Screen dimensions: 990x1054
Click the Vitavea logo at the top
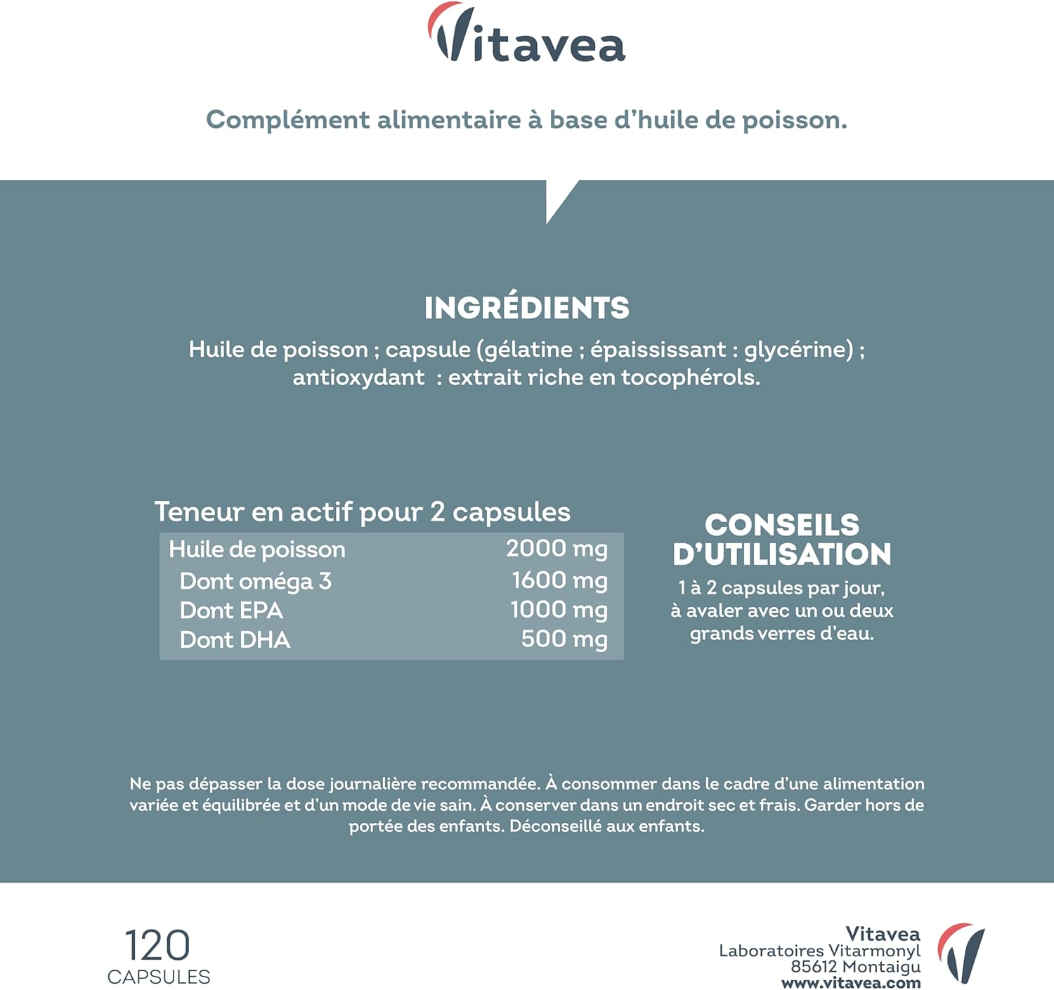[526, 35]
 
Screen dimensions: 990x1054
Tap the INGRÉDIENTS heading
[526, 308]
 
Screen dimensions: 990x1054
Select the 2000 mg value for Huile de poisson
[557, 549]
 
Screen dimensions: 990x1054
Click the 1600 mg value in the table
[559, 580]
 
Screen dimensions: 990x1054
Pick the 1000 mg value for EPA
[559, 610]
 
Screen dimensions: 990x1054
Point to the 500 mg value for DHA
[564, 639]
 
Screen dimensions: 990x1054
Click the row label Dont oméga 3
[255, 582]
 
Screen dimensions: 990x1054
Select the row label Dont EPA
[231, 611]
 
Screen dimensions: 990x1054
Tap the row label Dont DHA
[235, 640]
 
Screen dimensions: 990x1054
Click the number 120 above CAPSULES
[157, 945]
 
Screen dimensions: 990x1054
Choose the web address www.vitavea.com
[851, 983]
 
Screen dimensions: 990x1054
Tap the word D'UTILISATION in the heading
[782, 554]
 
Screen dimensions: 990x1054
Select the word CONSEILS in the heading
[782, 525]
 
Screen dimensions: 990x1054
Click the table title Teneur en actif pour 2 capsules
[362, 512]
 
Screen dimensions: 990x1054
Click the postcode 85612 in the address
[814, 967]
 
